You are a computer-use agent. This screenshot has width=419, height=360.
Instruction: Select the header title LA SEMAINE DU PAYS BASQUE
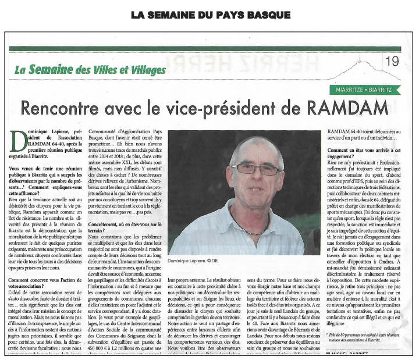210,15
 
